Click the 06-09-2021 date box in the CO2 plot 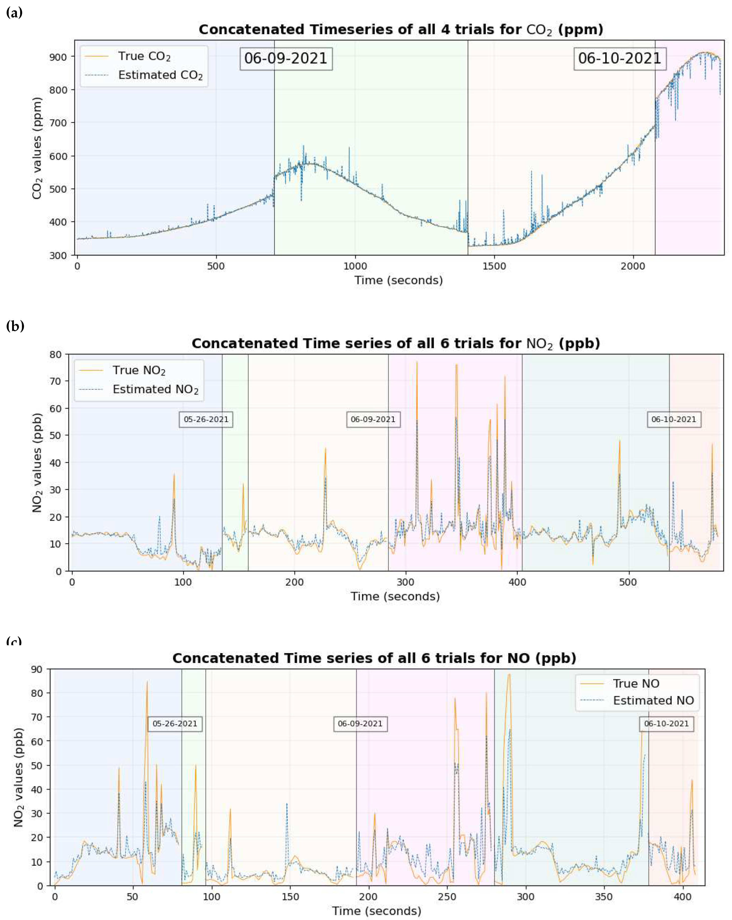pyautogui.click(x=286, y=58)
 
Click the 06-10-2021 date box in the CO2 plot pyautogui.click(x=619, y=58)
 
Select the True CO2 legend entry pyautogui.click(x=144, y=57)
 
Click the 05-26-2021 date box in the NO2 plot pyautogui.click(x=206, y=419)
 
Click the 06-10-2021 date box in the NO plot pyautogui.click(x=666, y=724)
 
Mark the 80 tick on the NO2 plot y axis pyautogui.click(x=56, y=355)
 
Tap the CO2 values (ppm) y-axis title pyautogui.click(x=38, y=148)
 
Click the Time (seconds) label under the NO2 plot pyautogui.click(x=395, y=596)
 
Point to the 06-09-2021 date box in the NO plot pyautogui.click(x=360, y=724)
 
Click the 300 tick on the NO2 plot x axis pyautogui.click(x=406, y=582)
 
